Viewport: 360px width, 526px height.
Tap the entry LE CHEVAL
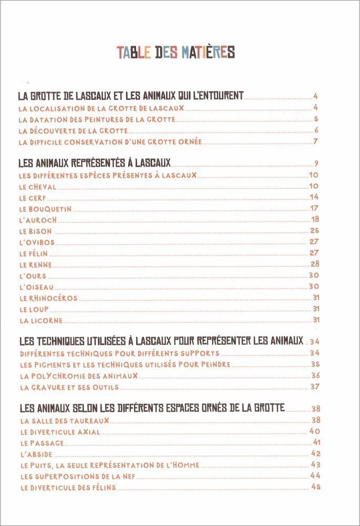coord(37,187)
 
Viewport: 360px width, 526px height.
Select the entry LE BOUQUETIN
coord(45,209)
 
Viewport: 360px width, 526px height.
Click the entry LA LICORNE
coord(40,320)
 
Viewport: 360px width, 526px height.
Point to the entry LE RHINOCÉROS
coord(48,298)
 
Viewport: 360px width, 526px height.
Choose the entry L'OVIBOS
coord(36,242)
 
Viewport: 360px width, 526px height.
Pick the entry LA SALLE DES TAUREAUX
coord(65,420)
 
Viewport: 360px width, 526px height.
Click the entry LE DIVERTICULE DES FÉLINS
coord(68,488)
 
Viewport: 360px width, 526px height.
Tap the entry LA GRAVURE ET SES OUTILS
coord(69,387)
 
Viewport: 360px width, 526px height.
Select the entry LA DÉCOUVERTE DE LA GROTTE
coord(73,130)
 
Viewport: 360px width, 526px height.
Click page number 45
coord(315,487)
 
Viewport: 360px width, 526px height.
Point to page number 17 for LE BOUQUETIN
coord(315,208)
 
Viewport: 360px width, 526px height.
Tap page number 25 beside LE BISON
coord(315,230)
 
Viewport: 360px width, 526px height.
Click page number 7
coord(316,141)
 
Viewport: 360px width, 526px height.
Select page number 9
coord(316,163)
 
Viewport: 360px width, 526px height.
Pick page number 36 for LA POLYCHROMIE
coord(315,376)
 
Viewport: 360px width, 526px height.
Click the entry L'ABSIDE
coord(36,453)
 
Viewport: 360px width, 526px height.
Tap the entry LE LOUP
coord(34,309)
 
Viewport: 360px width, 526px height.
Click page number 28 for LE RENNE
coord(315,264)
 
